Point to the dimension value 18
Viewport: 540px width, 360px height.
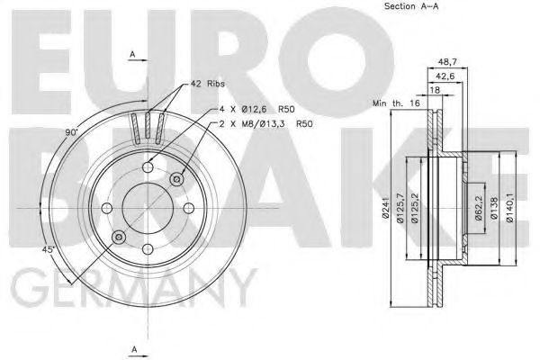pos(434,91)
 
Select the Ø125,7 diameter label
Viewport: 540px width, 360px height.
pos(400,206)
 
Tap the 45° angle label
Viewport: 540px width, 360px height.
pos(47,249)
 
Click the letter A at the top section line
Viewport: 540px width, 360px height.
pos(132,56)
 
